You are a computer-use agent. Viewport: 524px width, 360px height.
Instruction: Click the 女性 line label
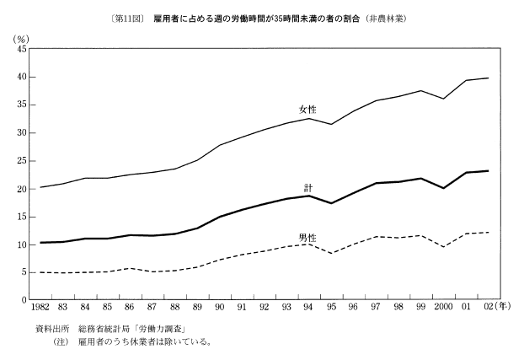click(308, 110)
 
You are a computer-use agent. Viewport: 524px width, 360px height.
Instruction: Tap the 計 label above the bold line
click(307, 186)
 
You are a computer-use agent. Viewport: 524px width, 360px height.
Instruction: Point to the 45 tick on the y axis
click(22, 50)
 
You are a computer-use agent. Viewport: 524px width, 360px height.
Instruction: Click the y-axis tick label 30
click(22, 133)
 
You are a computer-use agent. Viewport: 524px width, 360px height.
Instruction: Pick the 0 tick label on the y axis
click(25, 300)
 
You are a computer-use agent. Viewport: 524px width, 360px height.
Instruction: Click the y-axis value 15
click(22, 217)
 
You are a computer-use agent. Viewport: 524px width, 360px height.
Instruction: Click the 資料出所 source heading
click(50, 329)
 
